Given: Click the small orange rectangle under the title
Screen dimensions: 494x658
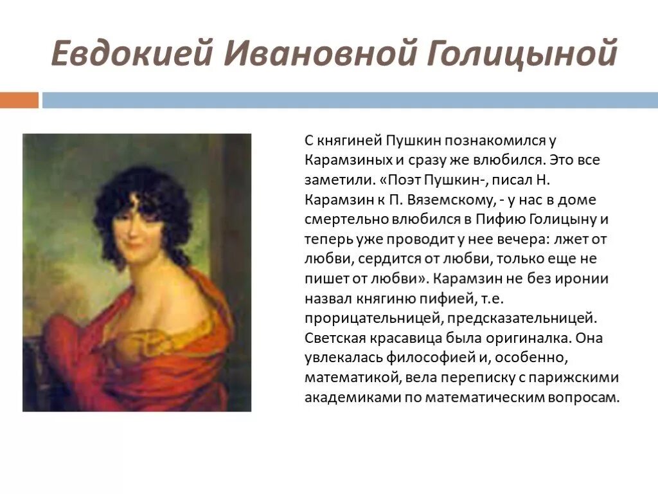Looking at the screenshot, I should pyautogui.click(x=19, y=100).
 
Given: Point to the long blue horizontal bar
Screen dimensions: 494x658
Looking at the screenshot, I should pyautogui.click(x=350, y=100).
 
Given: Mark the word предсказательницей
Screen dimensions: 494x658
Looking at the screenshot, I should pyautogui.click(x=522, y=319).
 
